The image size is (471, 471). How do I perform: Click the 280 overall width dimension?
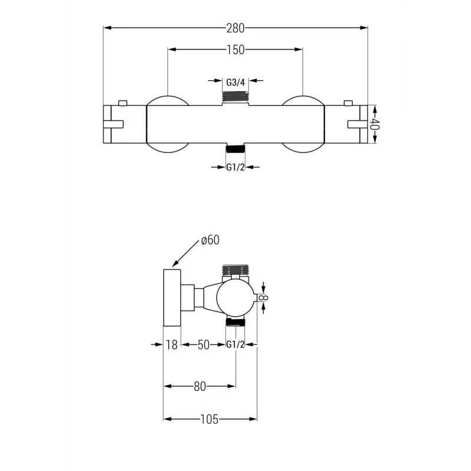[x=235, y=27]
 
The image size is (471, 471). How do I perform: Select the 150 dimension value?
[x=235, y=50]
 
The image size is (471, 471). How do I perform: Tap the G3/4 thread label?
[x=235, y=82]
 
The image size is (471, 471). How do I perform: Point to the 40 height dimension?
[x=374, y=124]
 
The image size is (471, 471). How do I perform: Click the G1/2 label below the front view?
[x=235, y=167]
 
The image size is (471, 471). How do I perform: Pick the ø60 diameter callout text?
[x=210, y=240]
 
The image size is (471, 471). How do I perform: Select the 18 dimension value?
[x=171, y=345]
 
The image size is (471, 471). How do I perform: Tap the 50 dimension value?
[x=204, y=345]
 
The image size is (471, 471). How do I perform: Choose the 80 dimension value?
[x=200, y=386]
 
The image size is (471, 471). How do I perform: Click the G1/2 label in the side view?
[x=235, y=345]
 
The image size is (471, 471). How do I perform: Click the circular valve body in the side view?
[x=235, y=298]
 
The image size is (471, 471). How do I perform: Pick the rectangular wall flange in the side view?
[x=171, y=298]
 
